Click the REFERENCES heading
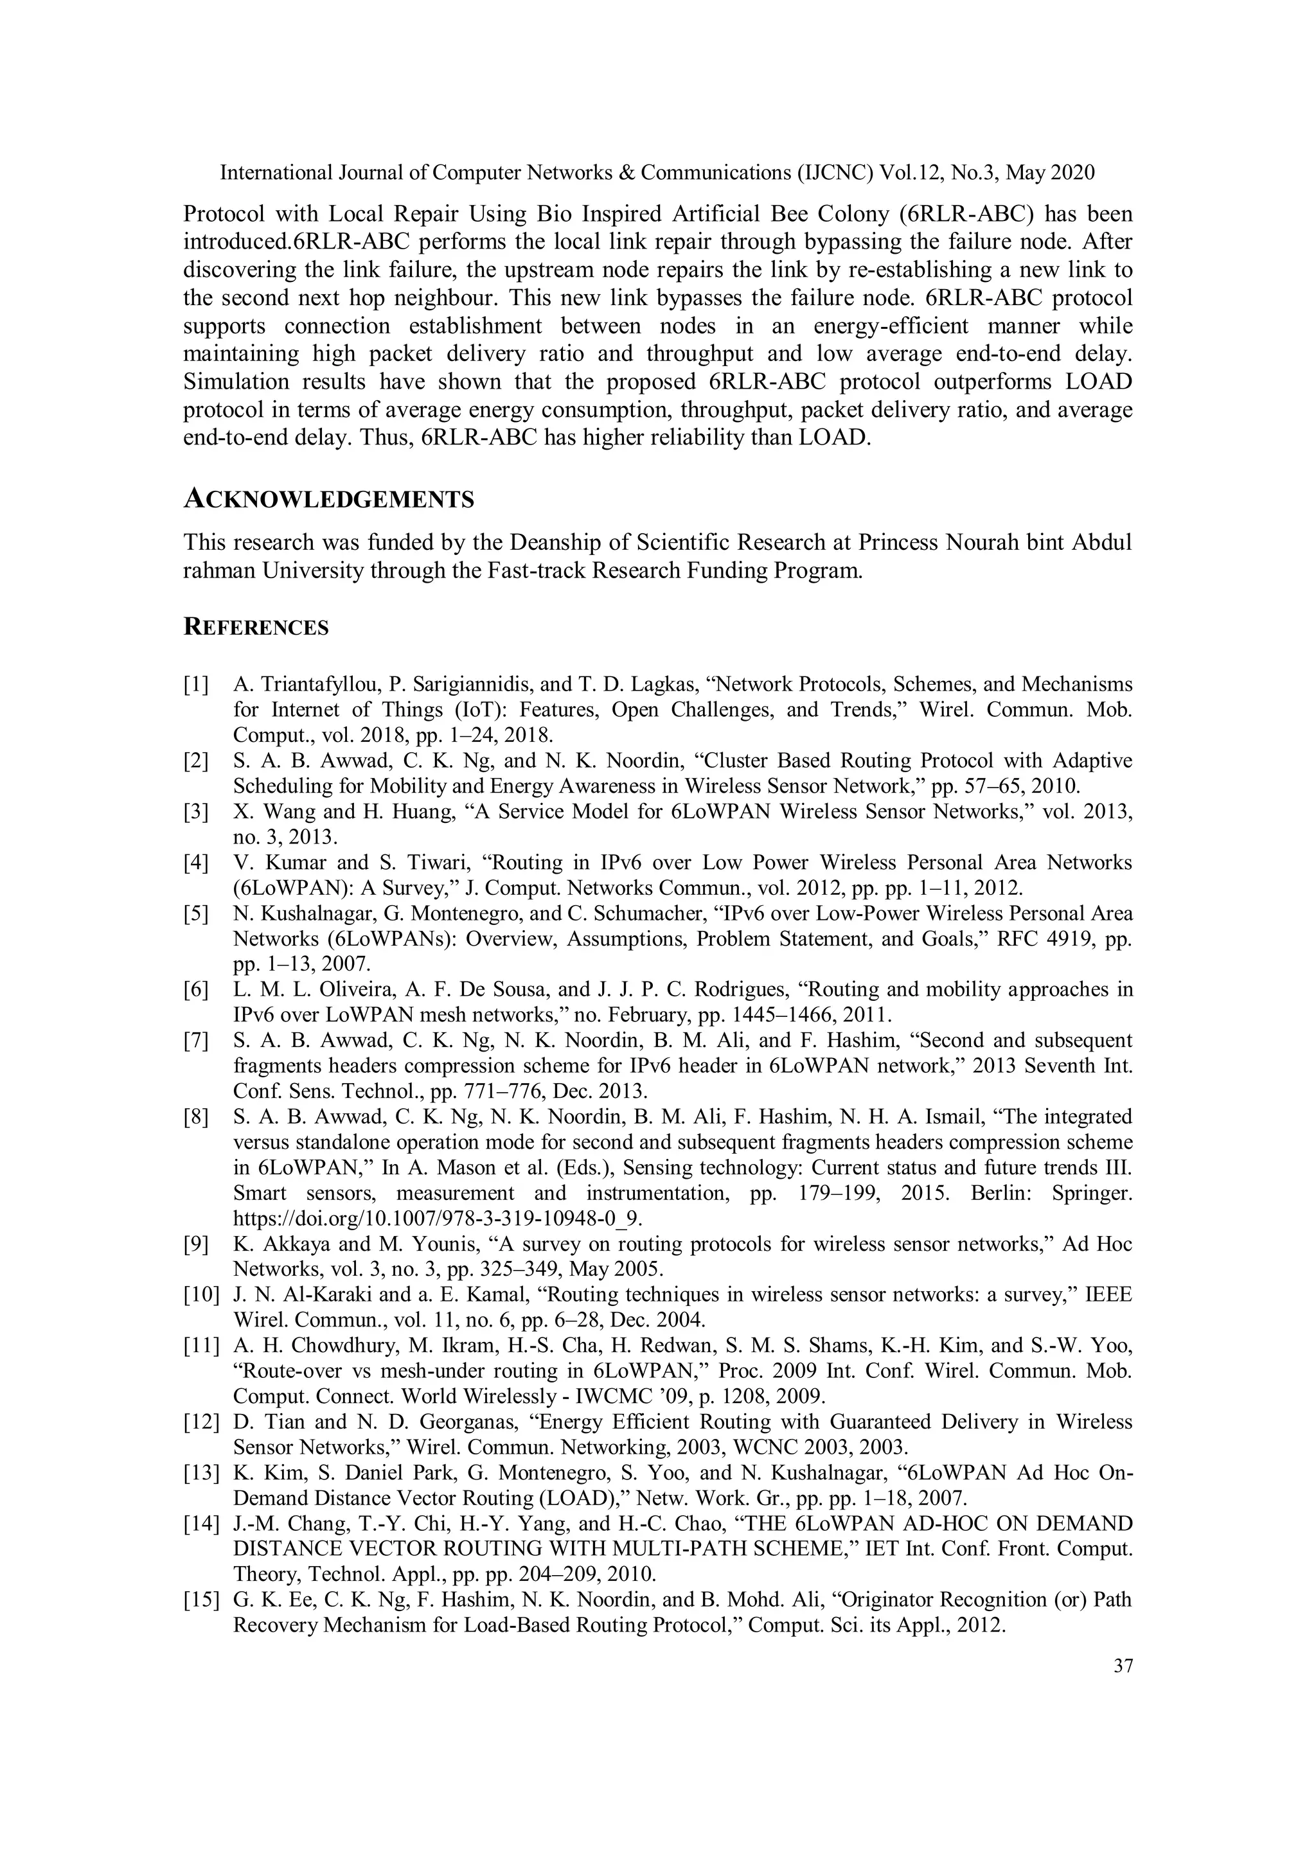256,628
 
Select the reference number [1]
196,684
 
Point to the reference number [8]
196,1117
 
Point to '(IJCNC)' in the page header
835,173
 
